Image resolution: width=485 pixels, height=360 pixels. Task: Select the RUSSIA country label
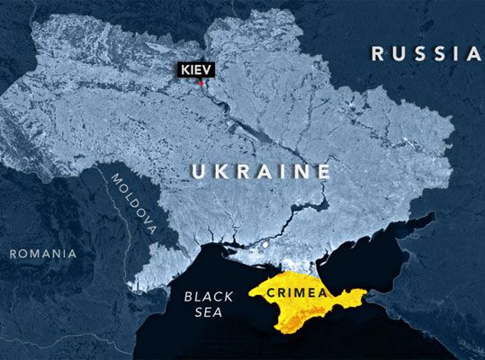(427, 54)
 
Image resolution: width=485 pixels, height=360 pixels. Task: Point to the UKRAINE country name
(261, 171)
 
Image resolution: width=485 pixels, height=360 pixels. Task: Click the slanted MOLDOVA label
(133, 203)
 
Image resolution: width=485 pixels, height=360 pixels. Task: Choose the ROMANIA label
(43, 254)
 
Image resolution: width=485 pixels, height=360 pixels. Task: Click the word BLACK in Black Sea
(202, 295)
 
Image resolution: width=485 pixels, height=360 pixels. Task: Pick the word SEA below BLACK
(202, 311)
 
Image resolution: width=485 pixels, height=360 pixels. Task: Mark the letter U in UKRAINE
(198, 171)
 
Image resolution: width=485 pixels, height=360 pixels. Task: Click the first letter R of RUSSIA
(379, 54)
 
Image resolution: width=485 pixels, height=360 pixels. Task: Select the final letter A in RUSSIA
(474, 54)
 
